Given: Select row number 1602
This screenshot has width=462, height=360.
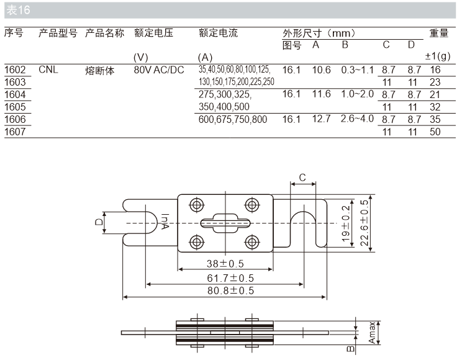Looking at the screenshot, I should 15,70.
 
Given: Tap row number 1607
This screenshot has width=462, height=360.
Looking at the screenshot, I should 15,132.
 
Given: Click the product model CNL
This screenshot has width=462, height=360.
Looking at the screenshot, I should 48,70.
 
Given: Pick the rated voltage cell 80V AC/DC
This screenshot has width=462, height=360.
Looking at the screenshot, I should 159,70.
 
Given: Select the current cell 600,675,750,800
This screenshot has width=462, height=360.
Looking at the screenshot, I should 233,119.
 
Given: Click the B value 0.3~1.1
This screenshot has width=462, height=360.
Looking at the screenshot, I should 357,70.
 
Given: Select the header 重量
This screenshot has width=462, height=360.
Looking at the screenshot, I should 438,33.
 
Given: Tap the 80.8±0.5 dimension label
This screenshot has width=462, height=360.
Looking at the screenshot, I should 225,290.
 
